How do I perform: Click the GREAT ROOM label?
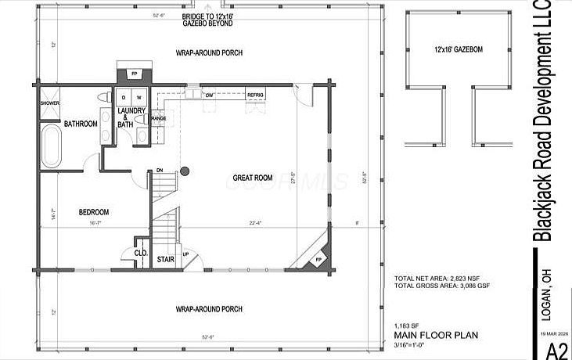(252, 178)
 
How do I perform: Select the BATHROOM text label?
(81, 124)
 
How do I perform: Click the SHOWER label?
(50, 103)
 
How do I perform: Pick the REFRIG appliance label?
(255, 95)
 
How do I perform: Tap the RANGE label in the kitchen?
(158, 118)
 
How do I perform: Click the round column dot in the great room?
(185, 171)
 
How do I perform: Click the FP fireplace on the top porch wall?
(135, 74)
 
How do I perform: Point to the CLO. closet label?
(141, 253)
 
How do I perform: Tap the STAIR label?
(165, 258)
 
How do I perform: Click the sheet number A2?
(556, 349)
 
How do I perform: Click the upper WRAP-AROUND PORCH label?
(208, 52)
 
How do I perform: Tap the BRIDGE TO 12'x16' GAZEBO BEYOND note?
(208, 20)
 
